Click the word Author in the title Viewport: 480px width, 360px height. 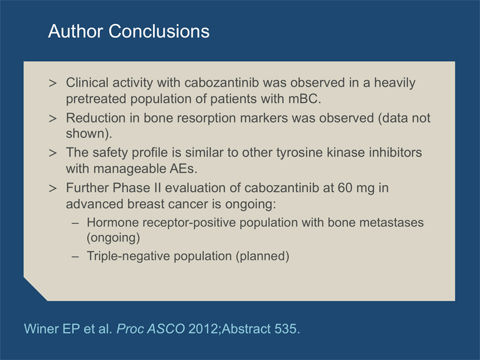pos(76,31)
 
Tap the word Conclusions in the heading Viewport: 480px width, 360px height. pos(159,31)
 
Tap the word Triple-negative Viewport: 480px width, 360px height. pos(128,256)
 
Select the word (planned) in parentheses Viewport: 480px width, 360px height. pos(262,256)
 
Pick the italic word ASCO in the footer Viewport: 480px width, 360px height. pos(166,329)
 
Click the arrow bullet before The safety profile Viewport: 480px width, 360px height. pos(53,153)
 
